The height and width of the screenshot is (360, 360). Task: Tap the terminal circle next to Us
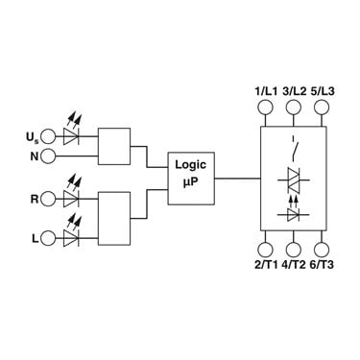tap(48, 136)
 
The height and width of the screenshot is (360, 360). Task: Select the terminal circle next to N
tap(48, 156)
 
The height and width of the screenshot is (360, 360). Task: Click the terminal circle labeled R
tap(48, 199)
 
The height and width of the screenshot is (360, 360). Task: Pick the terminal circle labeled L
tap(48, 238)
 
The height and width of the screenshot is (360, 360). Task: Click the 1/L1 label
tap(266, 91)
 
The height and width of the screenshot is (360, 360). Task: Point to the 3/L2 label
tap(294, 91)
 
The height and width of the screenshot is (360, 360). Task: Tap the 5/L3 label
tap(323, 91)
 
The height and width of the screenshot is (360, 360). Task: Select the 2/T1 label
tap(266, 265)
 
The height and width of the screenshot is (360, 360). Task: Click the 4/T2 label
tap(294, 265)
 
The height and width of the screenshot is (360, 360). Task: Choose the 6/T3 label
tap(322, 265)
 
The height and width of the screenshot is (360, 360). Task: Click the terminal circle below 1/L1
tap(265, 107)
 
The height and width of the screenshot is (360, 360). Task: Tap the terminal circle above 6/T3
tap(322, 250)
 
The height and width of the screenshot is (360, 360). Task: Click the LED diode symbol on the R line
tap(71, 195)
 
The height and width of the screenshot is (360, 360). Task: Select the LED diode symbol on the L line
tap(71, 234)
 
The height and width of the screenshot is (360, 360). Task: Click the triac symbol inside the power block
tap(294, 180)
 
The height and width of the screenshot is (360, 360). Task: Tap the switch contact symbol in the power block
tap(295, 148)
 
